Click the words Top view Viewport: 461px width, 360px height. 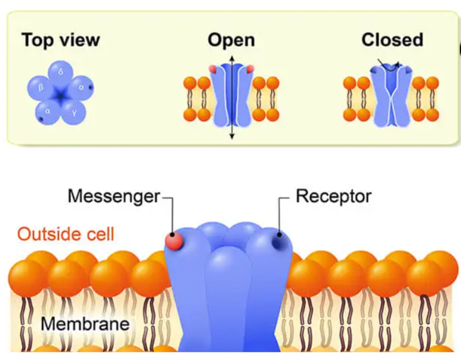(x=61, y=40)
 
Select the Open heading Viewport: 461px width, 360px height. (x=231, y=40)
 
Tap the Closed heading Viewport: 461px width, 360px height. (x=392, y=40)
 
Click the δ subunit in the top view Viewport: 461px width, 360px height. (x=61, y=72)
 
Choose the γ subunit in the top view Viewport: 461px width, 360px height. (x=74, y=113)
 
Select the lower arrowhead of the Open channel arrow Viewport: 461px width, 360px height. (x=232, y=136)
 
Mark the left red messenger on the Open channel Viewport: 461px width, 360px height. (x=213, y=68)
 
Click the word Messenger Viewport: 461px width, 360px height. (x=114, y=197)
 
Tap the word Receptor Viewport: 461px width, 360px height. (x=334, y=196)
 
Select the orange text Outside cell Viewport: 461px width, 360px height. (x=66, y=234)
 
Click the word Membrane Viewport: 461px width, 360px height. (x=85, y=324)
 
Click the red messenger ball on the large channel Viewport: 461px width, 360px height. (x=174, y=241)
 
